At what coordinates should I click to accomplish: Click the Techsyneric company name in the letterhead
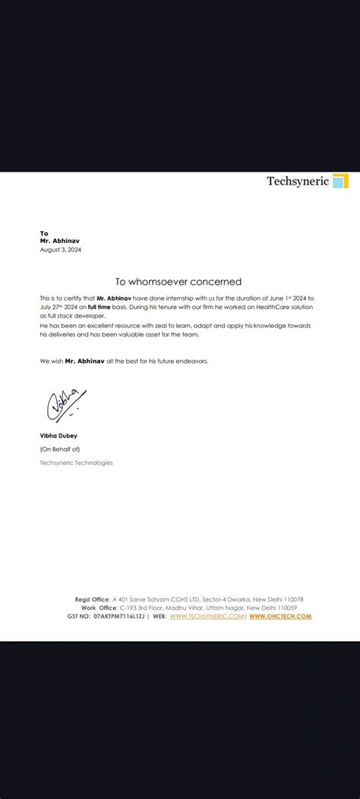[x=297, y=181]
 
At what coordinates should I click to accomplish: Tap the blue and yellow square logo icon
[x=341, y=181]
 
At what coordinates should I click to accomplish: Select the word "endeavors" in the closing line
[x=188, y=361]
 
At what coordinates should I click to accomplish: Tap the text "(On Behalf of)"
[x=58, y=450]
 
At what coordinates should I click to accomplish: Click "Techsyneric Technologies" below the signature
[x=76, y=463]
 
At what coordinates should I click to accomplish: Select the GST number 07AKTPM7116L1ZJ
[x=120, y=616]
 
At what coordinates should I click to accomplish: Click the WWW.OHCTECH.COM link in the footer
[x=279, y=616]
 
